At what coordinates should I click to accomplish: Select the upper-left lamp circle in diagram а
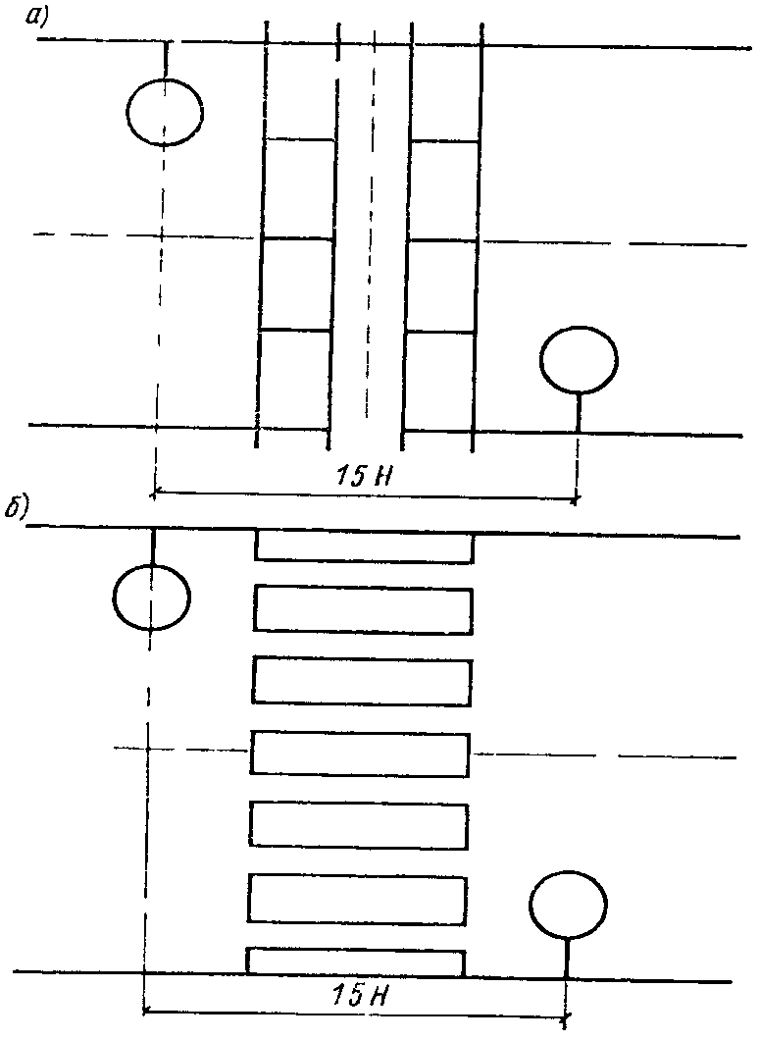pos(165,111)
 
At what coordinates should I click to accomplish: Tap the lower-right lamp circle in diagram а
pos(580,359)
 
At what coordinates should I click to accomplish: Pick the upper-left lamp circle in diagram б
pos(152,597)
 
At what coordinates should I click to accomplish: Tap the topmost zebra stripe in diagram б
pos(364,546)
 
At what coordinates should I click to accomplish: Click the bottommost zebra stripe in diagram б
pos(355,962)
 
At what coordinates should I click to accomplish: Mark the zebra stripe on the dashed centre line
pos(360,753)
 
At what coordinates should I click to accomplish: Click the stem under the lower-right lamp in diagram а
pos(579,412)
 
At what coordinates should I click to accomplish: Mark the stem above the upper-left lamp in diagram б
pos(153,547)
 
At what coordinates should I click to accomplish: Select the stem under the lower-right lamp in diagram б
pos(567,957)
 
